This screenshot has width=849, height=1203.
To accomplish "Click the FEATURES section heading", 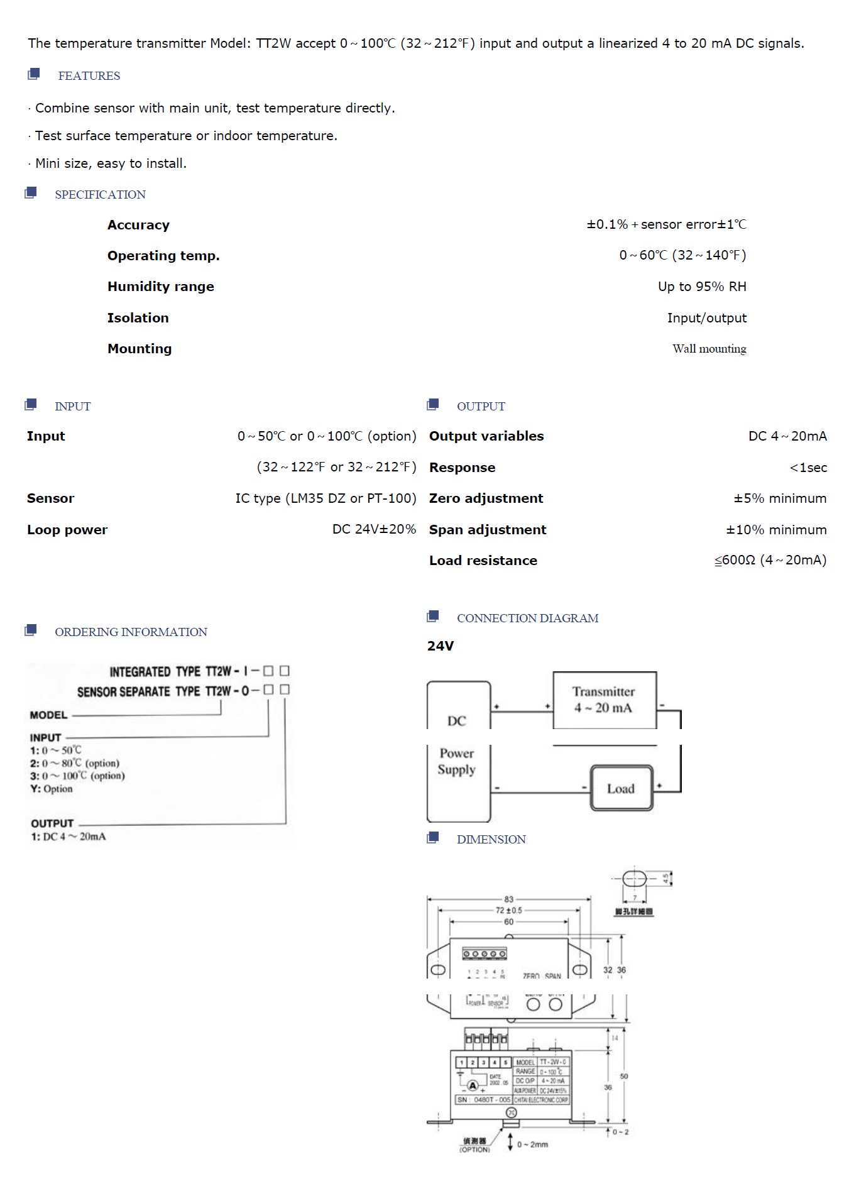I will pyautogui.click(x=89, y=76).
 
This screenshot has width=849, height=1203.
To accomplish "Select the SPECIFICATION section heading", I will pyautogui.click(x=100, y=195).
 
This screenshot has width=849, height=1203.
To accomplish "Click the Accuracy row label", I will pyautogui.click(x=138, y=225).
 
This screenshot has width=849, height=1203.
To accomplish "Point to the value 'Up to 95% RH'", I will pyautogui.click(x=702, y=287).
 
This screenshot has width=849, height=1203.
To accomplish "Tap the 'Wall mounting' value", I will pyautogui.click(x=709, y=349).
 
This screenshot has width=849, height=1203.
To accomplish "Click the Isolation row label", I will pyautogui.click(x=138, y=318).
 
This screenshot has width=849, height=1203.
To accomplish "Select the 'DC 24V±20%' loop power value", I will pyautogui.click(x=374, y=529).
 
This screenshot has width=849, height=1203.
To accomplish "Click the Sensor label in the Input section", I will pyautogui.click(x=50, y=498).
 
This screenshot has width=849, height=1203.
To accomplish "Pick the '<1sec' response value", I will pyautogui.click(x=808, y=468).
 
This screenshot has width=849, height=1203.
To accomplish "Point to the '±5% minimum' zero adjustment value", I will pyautogui.click(x=780, y=498).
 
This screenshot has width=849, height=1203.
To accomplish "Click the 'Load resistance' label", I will pyautogui.click(x=483, y=561).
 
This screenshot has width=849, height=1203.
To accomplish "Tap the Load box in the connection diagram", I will pyautogui.click(x=621, y=788).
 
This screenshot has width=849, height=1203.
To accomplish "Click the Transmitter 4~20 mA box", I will pyautogui.click(x=604, y=700).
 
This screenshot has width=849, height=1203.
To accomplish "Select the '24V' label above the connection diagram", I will pyautogui.click(x=440, y=646).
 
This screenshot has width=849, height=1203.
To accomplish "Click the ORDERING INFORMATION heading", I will pyautogui.click(x=131, y=632).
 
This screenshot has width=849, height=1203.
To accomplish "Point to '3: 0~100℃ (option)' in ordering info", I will pyautogui.click(x=77, y=776).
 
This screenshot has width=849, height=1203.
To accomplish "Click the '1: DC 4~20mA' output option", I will pyautogui.click(x=68, y=837).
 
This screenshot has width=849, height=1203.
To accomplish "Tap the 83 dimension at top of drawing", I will pyautogui.click(x=508, y=899).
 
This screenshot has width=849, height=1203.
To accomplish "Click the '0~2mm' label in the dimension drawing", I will pyautogui.click(x=532, y=1145).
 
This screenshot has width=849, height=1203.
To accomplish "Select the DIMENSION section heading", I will pyautogui.click(x=491, y=840).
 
